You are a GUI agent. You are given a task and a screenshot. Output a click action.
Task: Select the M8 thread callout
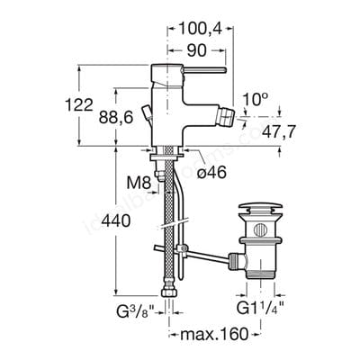[138, 183]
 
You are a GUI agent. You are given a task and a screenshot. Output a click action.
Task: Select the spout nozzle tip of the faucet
[219, 119]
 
